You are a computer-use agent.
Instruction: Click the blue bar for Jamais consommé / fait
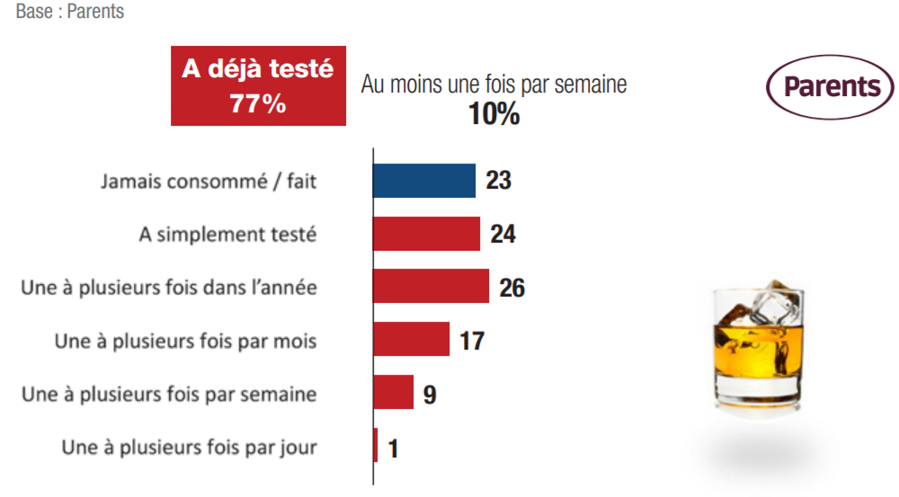(423, 181)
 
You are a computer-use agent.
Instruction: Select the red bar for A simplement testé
(426, 234)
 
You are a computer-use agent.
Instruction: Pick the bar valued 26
(431, 286)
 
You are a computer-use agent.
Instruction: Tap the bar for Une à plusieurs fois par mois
(411, 339)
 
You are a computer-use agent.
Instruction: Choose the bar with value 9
(393, 392)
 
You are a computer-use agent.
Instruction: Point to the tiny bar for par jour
(376, 446)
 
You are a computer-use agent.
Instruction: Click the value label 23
(498, 181)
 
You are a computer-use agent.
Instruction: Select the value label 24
(503, 234)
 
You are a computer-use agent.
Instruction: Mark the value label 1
(393, 447)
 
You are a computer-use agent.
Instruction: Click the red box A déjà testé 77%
(258, 86)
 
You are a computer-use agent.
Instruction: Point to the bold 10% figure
(494, 114)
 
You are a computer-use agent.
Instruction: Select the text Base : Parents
(70, 13)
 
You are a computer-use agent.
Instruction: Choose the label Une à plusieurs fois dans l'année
(169, 288)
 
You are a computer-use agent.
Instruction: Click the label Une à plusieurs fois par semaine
(169, 394)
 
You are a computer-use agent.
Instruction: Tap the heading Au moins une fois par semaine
(494, 84)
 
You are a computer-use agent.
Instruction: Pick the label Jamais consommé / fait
(209, 182)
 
